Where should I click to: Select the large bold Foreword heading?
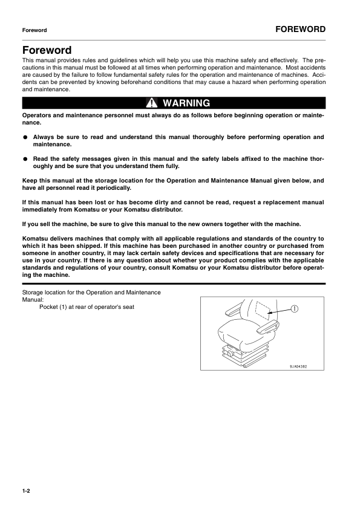point(47,50)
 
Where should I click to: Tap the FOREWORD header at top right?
point(300,29)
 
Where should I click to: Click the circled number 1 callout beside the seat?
point(293,308)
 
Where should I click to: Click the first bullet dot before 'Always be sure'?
point(25,137)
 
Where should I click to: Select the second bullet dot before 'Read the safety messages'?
point(25,159)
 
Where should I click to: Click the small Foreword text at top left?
point(34,30)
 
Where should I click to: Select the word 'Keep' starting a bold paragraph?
point(30,181)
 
